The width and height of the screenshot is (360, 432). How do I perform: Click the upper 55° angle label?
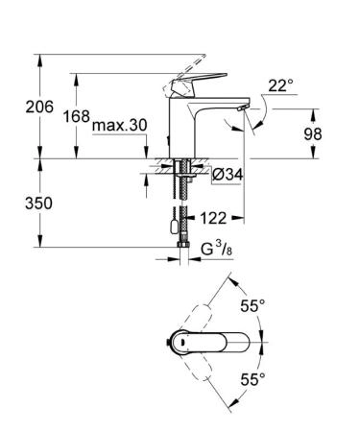pos(252,307)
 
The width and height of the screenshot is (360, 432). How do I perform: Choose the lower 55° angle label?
pos(252,381)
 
